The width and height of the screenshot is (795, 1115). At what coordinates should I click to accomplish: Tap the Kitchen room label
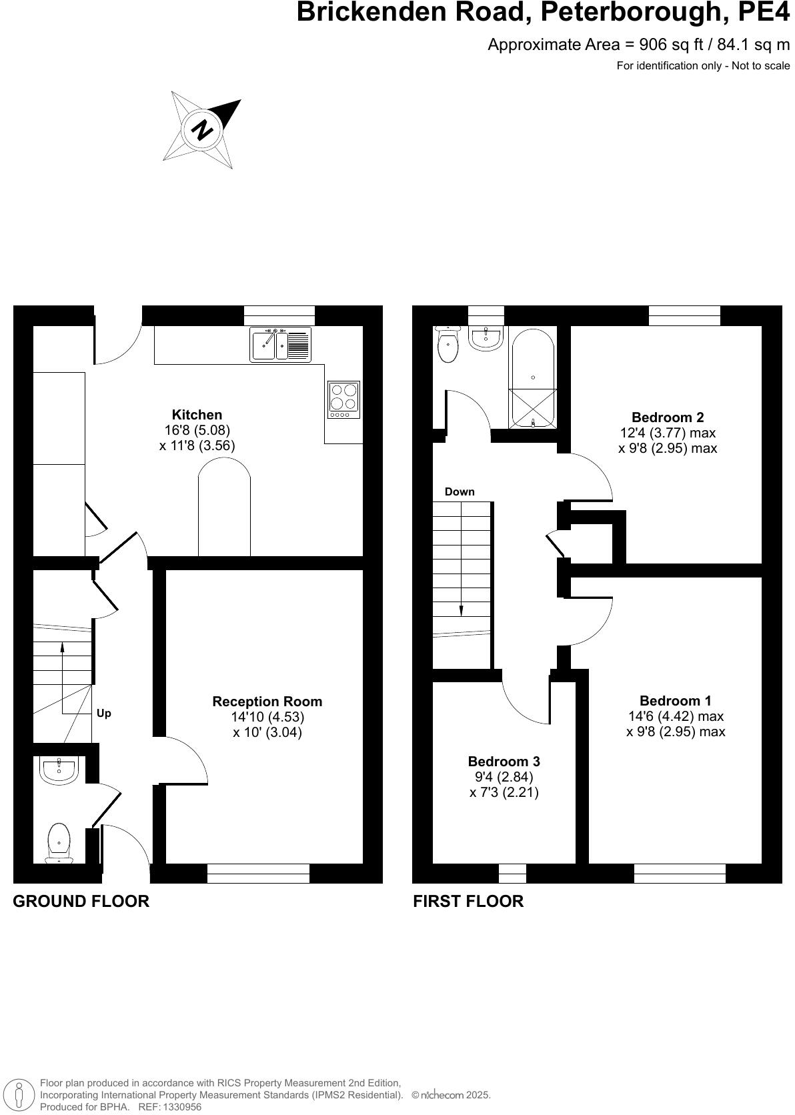pyautogui.click(x=197, y=415)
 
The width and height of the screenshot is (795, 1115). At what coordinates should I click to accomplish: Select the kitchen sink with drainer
pyautogui.click(x=281, y=344)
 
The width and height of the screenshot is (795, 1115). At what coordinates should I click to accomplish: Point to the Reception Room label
pyautogui.click(x=267, y=702)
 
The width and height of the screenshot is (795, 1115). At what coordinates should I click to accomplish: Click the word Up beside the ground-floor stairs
pyautogui.click(x=103, y=714)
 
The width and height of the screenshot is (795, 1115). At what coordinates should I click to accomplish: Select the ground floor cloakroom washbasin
pyautogui.click(x=60, y=770)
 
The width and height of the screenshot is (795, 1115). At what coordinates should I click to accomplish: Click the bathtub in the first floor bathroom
pyautogui.click(x=533, y=377)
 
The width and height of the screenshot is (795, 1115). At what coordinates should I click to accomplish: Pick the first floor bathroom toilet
pyautogui.click(x=448, y=344)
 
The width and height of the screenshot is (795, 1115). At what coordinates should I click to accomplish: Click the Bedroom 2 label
pyautogui.click(x=667, y=418)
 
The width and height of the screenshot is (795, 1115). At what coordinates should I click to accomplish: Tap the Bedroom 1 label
pyautogui.click(x=675, y=701)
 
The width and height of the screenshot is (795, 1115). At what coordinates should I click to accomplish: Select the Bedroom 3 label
pyautogui.click(x=504, y=762)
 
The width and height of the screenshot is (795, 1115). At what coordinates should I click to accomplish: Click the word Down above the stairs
pyautogui.click(x=460, y=492)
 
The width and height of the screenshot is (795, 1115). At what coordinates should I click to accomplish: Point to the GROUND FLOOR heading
pyautogui.click(x=81, y=902)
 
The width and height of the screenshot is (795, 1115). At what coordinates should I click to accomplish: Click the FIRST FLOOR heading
pyautogui.click(x=468, y=902)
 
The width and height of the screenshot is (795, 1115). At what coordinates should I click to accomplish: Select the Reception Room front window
pyautogui.click(x=258, y=873)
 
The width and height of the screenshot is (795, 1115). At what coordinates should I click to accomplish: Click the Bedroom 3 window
pyautogui.click(x=512, y=873)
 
